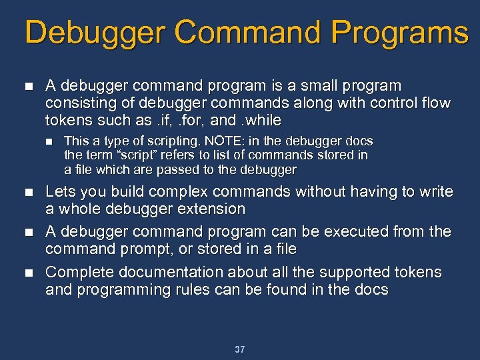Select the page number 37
pos(240,349)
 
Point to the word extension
pos(212,209)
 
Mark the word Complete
pos(74,272)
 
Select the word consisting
pos(77,103)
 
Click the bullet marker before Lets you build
pos(27,193)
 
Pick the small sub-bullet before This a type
pos(48,141)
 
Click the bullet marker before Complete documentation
pos(27,273)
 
